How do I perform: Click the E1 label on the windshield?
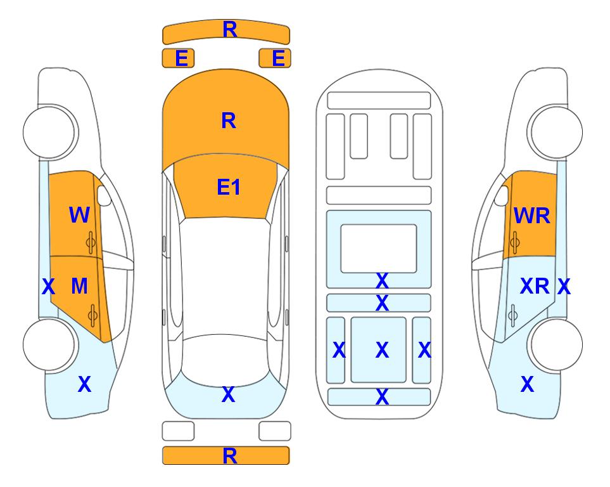pyautogui.click(x=229, y=187)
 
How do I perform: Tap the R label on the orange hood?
pyautogui.click(x=229, y=120)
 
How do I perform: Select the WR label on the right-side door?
pyautogui.click(x=532, y=216)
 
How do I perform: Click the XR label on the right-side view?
pyautogui.click(x=535, y=287)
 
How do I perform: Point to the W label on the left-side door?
pyautogui.click(x=79, y=215)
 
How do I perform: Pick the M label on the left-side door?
pyautogui.click(x=79, y=287)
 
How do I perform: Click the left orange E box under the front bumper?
pyautogui.click(x=178, y=58)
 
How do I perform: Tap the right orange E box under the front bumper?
pyautogui.click(x=275, y=58)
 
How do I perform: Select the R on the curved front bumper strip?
pyautogui.click(x=230, y=29)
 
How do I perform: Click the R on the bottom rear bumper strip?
pyautogui.click(x=230, y=456)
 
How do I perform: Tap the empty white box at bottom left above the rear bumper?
pyautogui.click(x=178, y=431)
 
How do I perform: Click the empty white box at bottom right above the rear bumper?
pyautogui.click(x=275, y=431)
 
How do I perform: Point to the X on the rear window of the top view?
pyautogui.click(x=229, y=394)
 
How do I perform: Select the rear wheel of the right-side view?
pyautogui.click(x=555, y=344)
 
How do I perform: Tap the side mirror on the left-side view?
pyautogui.click(x=104, y=195)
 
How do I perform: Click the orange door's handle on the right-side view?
pyautogui.click(x=514, y=242)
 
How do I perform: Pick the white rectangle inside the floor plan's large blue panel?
pyautogui.click(x=379, y=249)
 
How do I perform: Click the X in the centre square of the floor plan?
pyautogui.click(x=382, y=350)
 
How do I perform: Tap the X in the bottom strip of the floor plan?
pyautogui.click(x=382, y=397)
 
